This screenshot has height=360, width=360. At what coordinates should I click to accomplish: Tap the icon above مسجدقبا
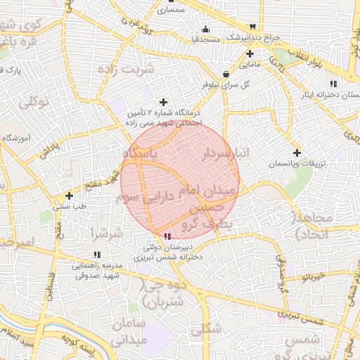[205, 29]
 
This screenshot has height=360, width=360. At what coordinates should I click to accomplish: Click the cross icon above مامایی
[250, 53]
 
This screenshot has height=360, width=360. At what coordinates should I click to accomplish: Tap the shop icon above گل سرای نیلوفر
[225, 74]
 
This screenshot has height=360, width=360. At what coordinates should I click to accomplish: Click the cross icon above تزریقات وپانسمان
[297, 153]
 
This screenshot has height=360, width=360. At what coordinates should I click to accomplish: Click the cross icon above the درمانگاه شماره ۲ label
[165, 102]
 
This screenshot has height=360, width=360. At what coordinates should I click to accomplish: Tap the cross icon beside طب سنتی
[69, 195]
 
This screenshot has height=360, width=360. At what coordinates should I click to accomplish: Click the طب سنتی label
[69, 207]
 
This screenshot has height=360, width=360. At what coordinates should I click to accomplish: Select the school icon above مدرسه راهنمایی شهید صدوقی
[96, 255]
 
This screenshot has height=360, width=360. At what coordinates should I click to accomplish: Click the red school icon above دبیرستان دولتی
[167, 236]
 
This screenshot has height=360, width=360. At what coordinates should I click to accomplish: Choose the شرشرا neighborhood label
[107, 233]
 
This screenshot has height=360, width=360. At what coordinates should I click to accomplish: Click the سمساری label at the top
[171, 11]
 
